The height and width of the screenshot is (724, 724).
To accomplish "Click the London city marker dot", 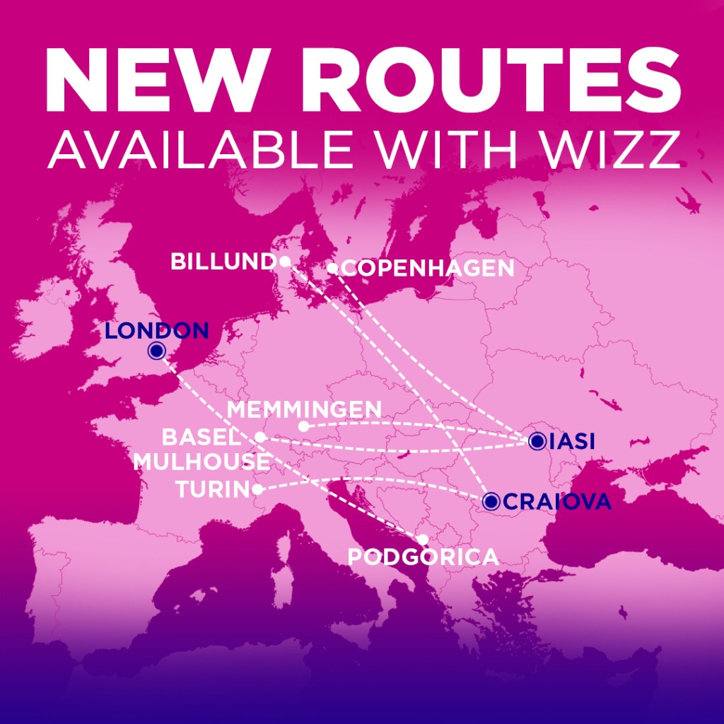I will pyautogui.click(x=156, y=350).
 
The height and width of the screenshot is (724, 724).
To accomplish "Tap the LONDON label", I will pyautogui.click(x=156, y=330).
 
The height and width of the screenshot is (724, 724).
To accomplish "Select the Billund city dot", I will pyautogui.click(x=284, y=262).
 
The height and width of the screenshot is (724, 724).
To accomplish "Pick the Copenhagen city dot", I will pyautogui.click(x=332, y=268).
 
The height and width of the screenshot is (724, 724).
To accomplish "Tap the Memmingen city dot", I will pyautogui.click(x=303, y=426).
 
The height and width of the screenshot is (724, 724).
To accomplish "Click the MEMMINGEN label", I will pyautogui.click(x=305, y=409).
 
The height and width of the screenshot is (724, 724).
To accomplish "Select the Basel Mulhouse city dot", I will pyautogui.click(x=260, y=438).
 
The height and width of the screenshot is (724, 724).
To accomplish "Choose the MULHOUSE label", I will pyautogui.click(x=202, y=462).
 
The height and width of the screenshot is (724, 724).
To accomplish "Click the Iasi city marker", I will pyautogui.click(x=537, y=441).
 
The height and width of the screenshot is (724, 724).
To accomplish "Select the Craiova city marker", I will pyautogui.click(x=491, y=501).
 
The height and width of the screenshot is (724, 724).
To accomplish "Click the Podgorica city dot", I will pyautogui.click(x=423, y=539).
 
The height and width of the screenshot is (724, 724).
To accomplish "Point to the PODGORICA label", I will pyautogui.click(x=423, y=557).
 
